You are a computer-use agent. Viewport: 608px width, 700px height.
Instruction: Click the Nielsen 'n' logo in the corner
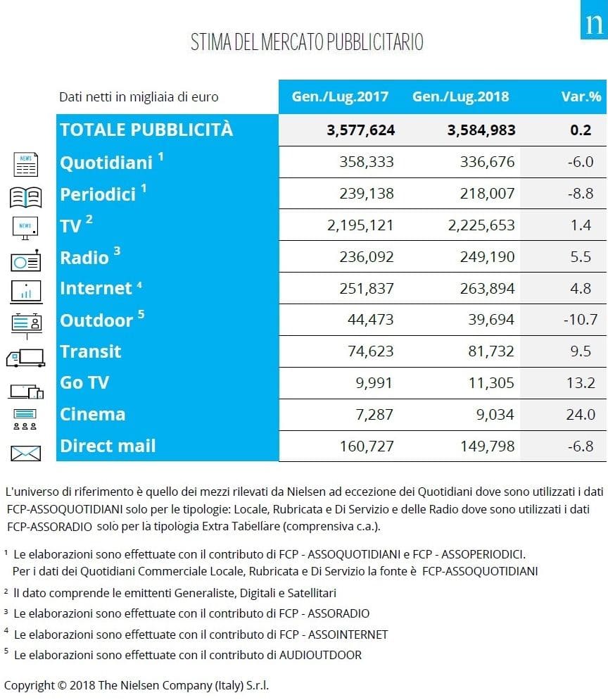594,20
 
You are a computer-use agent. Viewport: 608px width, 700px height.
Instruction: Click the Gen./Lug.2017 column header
340,97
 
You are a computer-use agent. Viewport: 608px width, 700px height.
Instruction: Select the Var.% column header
581,97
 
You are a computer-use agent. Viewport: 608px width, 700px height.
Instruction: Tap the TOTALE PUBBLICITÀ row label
146,130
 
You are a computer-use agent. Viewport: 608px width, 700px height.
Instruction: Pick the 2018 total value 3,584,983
481,130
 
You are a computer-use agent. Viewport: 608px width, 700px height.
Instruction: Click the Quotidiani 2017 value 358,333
367,162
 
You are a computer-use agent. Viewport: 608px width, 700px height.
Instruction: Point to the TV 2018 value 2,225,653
481,225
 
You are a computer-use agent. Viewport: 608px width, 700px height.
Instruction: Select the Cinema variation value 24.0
581,415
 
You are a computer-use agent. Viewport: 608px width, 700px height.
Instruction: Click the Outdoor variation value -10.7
581,320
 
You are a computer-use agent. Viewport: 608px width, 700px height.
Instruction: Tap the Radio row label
84,258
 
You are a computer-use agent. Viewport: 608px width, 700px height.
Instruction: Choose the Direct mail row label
108,446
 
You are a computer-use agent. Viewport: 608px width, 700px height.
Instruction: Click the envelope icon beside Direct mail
25,453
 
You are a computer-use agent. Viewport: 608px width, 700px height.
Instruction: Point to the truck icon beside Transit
26,358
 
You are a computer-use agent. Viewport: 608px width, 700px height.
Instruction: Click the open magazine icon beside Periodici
26,197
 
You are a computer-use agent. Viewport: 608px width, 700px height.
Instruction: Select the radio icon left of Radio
26,261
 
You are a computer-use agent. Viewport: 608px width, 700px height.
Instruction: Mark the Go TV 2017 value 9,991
374,383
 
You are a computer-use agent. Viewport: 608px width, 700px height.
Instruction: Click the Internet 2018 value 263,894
488,289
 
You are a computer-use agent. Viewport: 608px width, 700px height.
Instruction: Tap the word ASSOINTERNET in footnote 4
348,635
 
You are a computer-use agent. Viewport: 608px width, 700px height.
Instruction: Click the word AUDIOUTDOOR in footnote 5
320,655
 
